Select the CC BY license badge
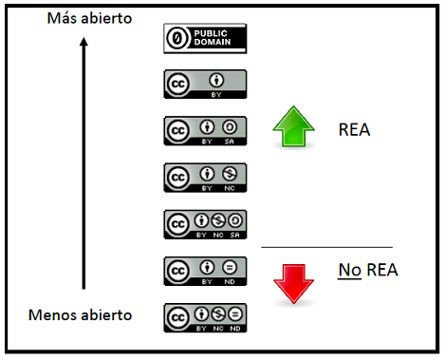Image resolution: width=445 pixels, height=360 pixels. [x=205, y=84]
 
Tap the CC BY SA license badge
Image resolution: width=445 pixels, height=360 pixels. [x=205, y=130]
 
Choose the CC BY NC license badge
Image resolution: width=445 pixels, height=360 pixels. [x=205, y=177]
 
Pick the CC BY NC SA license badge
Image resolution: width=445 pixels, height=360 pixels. [x=205, y=223]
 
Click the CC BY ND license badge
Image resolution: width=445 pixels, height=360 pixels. [x=205, y=269]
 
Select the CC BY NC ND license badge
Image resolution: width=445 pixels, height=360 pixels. [x=205, y=315]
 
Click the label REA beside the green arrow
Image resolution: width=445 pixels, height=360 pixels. [x=353, y=130]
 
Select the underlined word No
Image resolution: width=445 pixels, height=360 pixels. [x=347, y=271]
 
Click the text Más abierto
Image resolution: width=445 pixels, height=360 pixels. [x=90, y=18]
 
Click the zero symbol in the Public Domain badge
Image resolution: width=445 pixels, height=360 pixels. [x=176, y=38]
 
